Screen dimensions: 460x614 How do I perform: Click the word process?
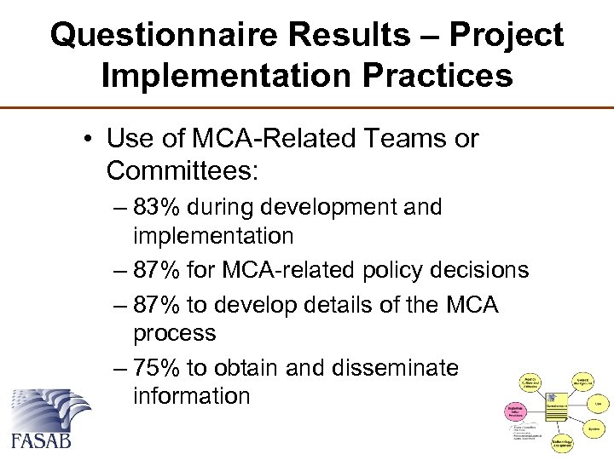point(175,332)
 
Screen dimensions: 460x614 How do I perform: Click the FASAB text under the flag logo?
point(42,440)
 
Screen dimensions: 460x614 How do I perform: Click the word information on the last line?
point(192,396)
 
